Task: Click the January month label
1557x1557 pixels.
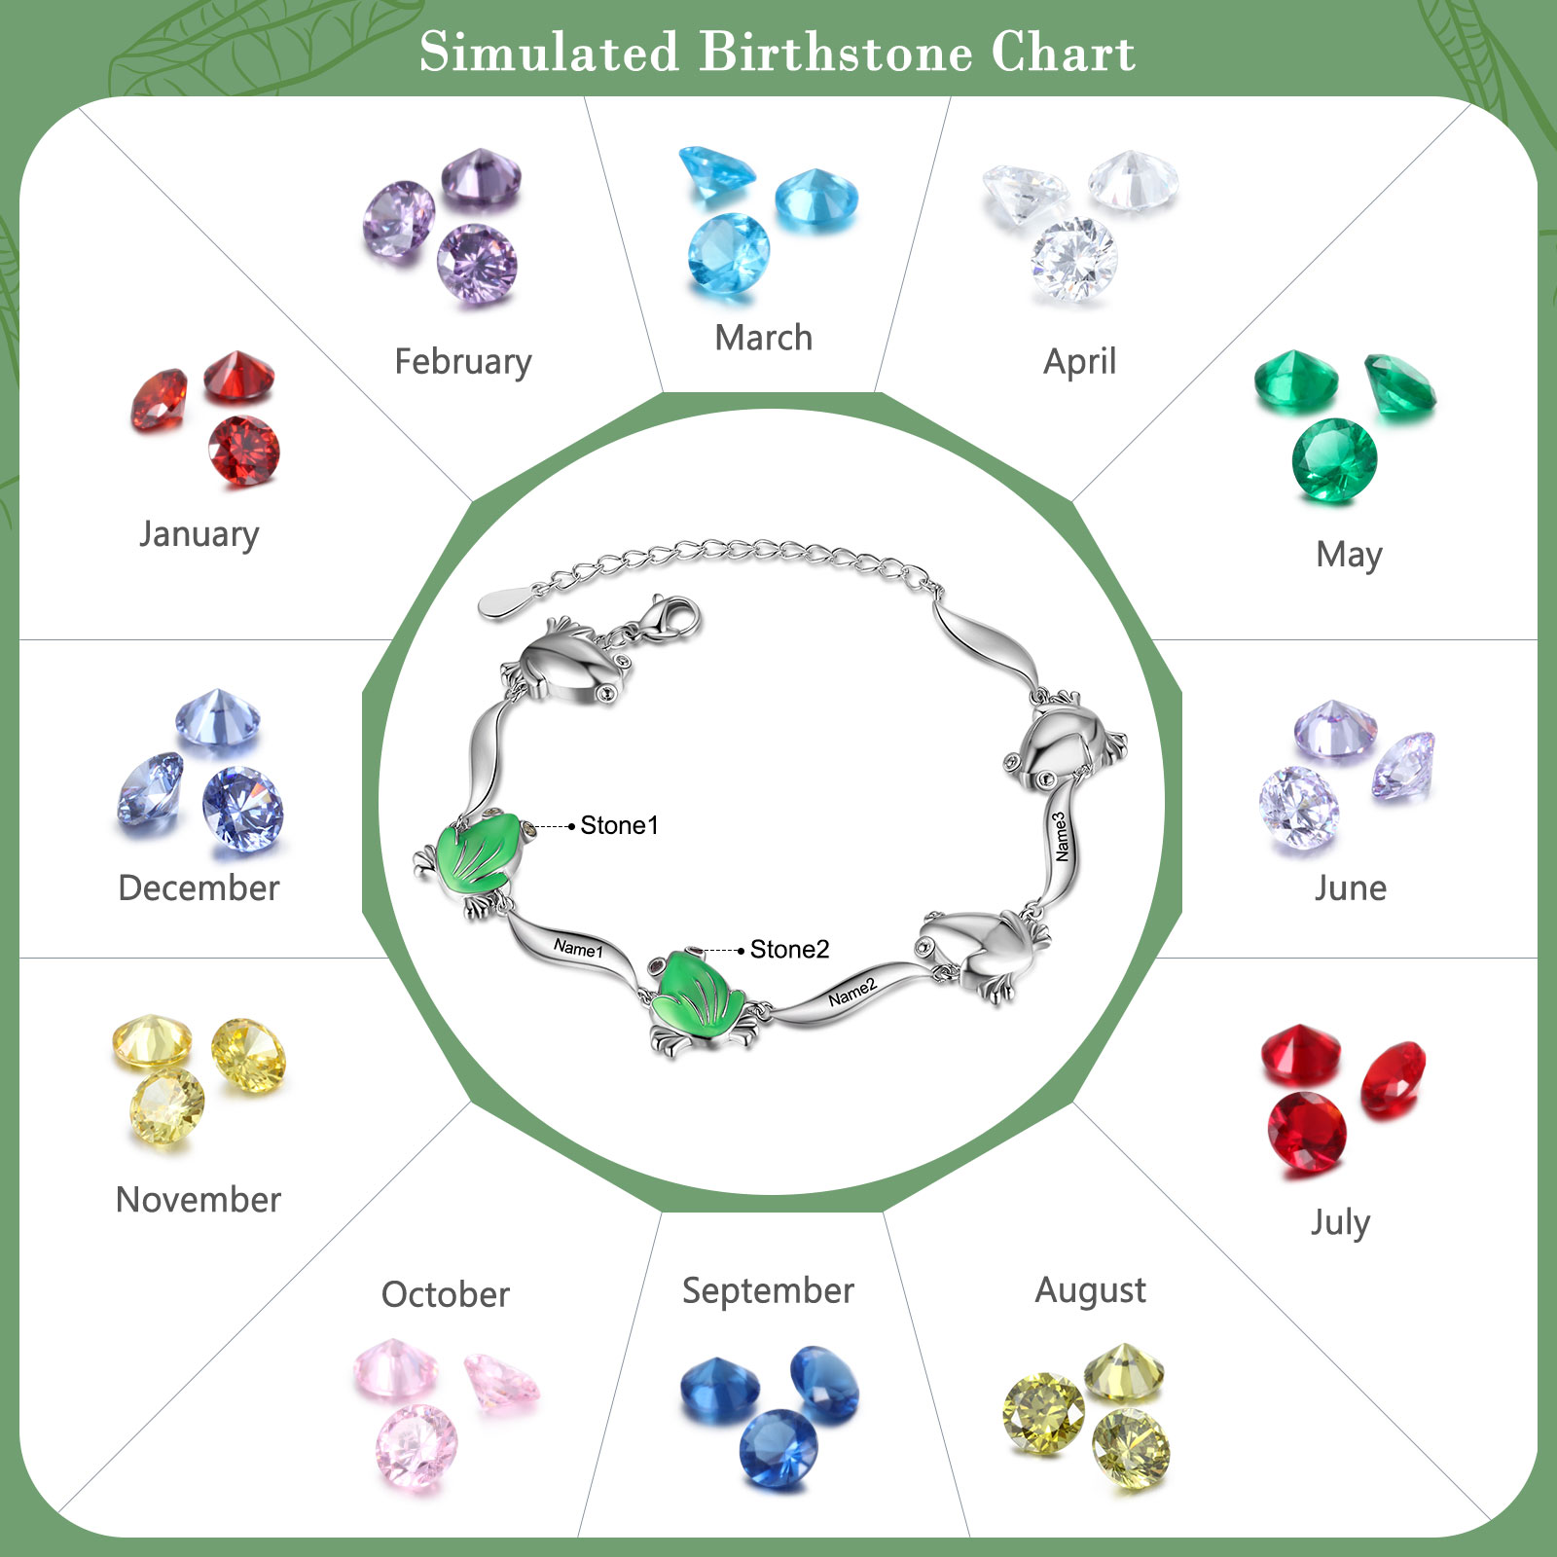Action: pyautogui.click(x=199, y=534)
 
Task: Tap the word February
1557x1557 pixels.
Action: pyautogui.click(x=463, y=362)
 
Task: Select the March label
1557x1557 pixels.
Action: pyautogui.click(x=764, y=338)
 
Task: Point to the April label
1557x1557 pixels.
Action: pyautogui.click(x=1080, y=362)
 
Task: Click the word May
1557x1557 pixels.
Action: pyautogui.click(x=1349, y=556)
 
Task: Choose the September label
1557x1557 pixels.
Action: pyautogui.click(x=768, y=1292)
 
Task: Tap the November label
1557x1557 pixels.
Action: pyautogui.click(x=199, y=1200)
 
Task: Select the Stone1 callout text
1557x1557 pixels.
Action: pyautogui.click(x=620, y=825)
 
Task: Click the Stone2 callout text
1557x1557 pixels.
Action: pyautogui.click(x=789, y=949)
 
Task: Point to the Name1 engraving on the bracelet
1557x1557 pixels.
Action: pyautogui.click(x=578, y=947)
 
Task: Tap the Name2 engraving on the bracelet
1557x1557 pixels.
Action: pyautogui.click(x=852, y=992)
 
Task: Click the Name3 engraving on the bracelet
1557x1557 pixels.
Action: pyautogui.click(x=1062, y=837)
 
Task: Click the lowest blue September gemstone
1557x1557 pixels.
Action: pyautogui.click(x=778, y=1448)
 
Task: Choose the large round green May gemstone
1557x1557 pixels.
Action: pyautogui.click(x=1334, y=460)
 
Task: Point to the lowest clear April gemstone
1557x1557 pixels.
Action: pyautogui.click(x=1074, y=259)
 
